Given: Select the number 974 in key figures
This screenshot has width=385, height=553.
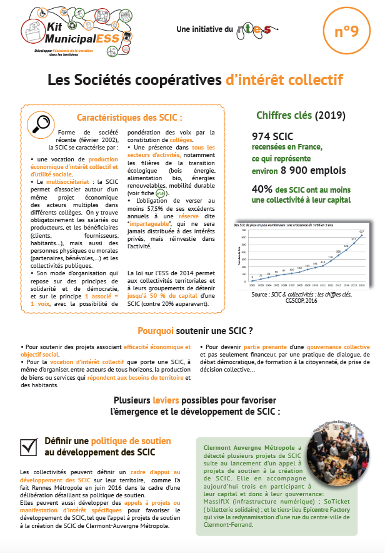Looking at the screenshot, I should (263, 136).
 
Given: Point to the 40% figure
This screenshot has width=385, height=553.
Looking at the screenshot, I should (261, 188).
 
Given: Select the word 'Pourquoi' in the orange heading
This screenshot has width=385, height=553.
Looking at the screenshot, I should (159, 330).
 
